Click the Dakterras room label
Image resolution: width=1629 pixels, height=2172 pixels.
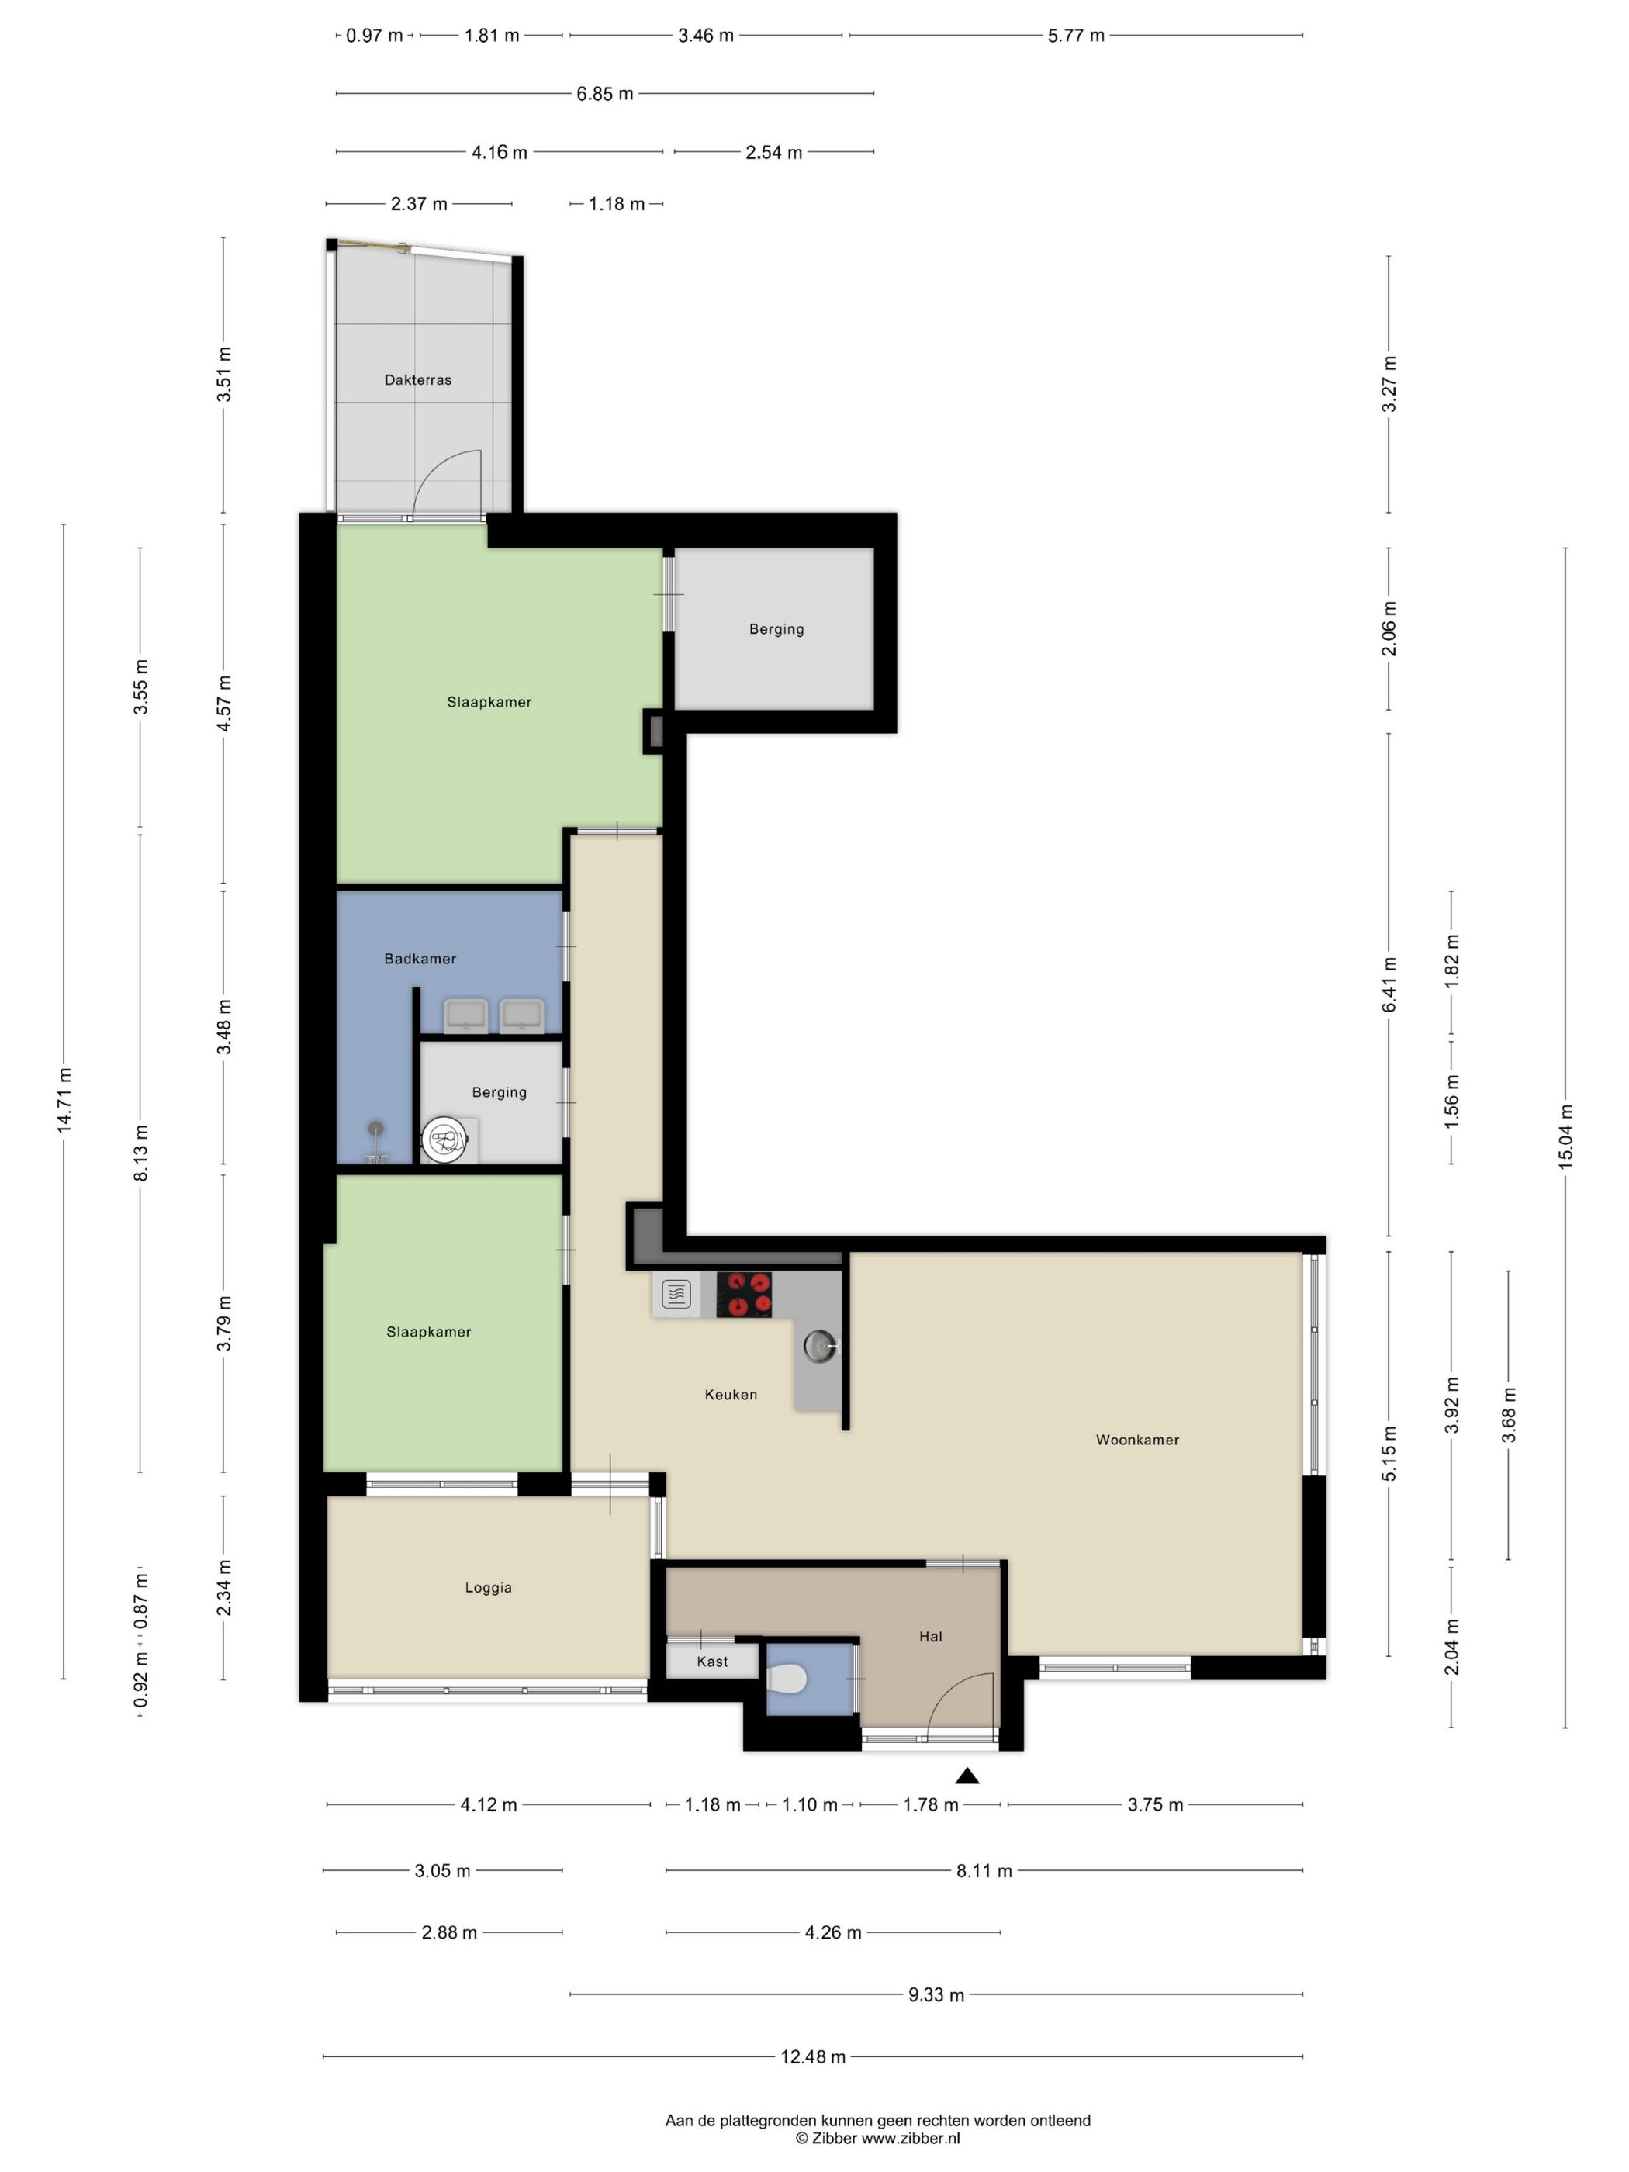click(x=417, y=380)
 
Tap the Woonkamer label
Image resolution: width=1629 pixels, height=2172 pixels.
click(x=1137, y=1440)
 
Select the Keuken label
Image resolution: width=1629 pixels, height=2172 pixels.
click(x=731, y=1394)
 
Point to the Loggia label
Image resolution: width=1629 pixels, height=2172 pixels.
click(x=488, y=1587)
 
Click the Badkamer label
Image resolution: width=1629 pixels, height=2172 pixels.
click(x=420, y=958)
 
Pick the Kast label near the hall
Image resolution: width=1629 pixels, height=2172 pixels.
click(x=712, y=1662)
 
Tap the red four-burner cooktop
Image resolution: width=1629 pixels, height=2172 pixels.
click(x=743, y=1294)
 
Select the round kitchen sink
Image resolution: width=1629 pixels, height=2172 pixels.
click(x=819, y=1345)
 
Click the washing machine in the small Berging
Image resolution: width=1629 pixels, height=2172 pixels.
click(x=444, y=1140)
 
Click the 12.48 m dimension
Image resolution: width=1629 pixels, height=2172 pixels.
click(x=813, y=2056)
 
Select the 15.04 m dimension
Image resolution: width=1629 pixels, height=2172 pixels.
click(x=1565, y=1136)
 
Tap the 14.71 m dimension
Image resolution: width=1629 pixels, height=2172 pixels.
click(x=64, y=1100)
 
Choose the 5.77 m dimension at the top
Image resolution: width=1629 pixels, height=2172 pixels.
click(x=1076, y=36)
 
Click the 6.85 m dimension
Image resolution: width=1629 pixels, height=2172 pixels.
click(x=605, y=93)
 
